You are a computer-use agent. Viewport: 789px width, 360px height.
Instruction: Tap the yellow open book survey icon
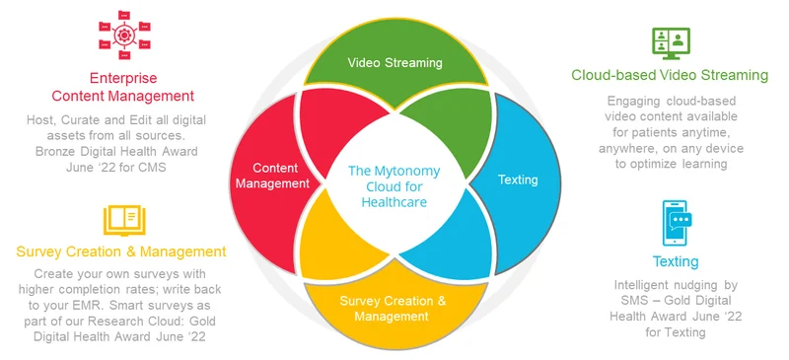122,218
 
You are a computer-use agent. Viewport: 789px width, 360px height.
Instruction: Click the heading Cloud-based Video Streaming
670,75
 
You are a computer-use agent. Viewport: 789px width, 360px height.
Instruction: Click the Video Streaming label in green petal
395,62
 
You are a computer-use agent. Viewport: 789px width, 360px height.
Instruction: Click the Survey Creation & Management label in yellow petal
394,308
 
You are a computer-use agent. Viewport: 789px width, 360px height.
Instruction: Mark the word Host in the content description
42,120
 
